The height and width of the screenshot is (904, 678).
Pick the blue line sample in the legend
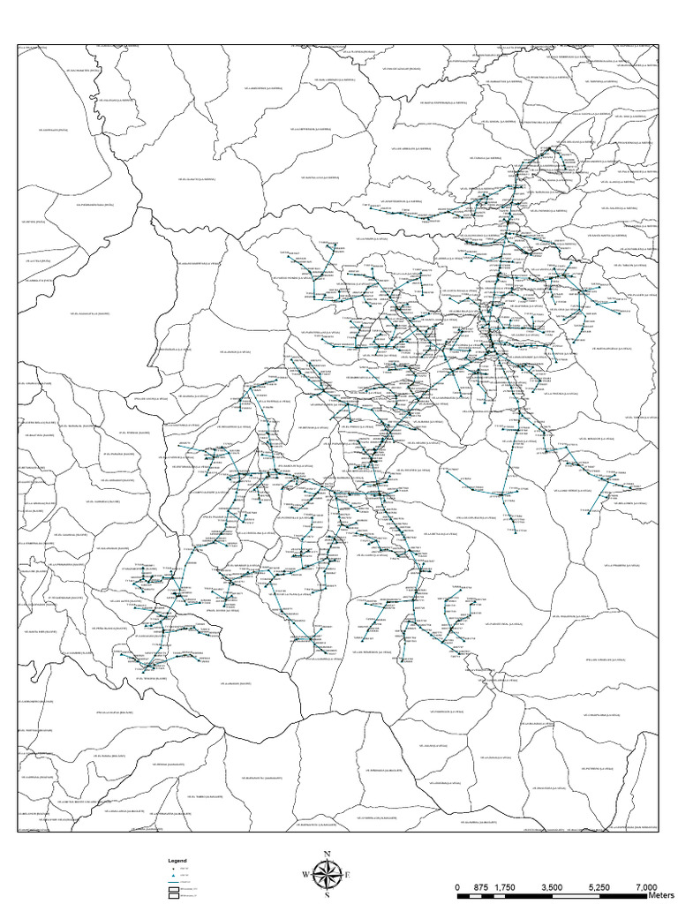(x=174, y=881)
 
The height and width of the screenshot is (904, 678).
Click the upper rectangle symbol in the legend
(x=174, y=888)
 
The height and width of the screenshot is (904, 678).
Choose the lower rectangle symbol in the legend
(x=174, y=895)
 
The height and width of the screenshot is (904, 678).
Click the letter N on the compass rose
(x=328, y=854)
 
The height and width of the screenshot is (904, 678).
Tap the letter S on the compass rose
(x=328, y=895)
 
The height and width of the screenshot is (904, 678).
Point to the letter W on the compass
(x=305, y=875)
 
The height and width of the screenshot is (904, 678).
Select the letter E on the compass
(x=349, y=875)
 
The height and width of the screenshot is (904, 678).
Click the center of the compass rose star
(x=328, y=875)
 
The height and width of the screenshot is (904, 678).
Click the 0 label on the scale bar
(x=457, y=886)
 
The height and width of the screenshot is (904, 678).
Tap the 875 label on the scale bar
(x=481, y=886)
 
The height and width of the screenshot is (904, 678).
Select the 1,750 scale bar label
(x=505, y=886)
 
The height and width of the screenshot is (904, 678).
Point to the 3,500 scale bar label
(x=552, y=886)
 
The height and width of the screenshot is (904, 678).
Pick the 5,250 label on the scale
(x=599, y=886)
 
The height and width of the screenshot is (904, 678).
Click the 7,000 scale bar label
(x=644, y=886)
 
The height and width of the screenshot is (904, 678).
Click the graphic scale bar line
(x=552, y=895)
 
